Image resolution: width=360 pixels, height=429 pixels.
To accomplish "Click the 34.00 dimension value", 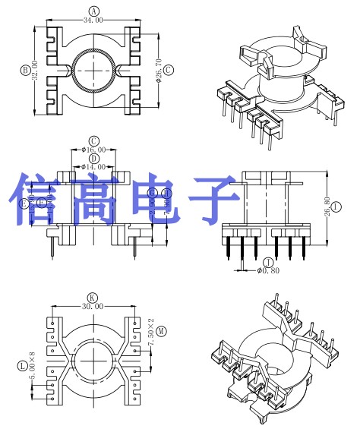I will (x=93, y=21).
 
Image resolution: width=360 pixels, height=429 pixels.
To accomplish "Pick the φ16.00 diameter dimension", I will (x=93, y=150).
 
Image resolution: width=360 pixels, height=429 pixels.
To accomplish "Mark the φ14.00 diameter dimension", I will (x=93, y=166).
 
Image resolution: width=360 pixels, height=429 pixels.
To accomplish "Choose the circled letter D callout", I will (x=93, y=158).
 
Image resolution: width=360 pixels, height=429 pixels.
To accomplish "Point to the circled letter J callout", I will (x=267, y=263).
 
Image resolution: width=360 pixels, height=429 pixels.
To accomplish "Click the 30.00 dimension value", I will (x=93, y=306).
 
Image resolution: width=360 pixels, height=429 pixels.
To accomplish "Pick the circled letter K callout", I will (x=93, y=297).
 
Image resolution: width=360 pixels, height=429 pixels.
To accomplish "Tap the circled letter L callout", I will (x=21, y=366).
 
